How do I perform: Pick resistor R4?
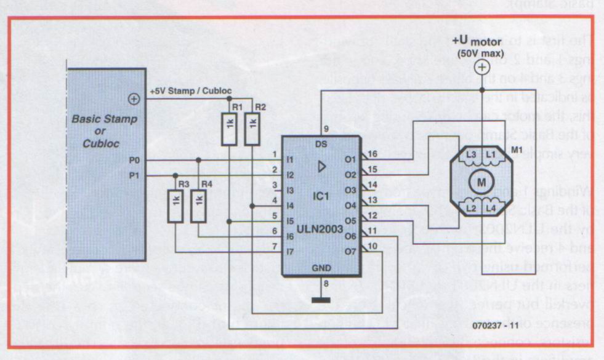pyautogui.click(x=198, y=206)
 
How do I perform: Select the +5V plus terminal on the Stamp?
pyautogui.click(x=133, y=98)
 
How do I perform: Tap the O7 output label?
pyautogui.click(x=351, y=251)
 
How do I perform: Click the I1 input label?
pyautogui.click(x=291, y=160)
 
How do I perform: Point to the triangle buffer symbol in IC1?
pyautogui.click(x=321, y=166)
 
